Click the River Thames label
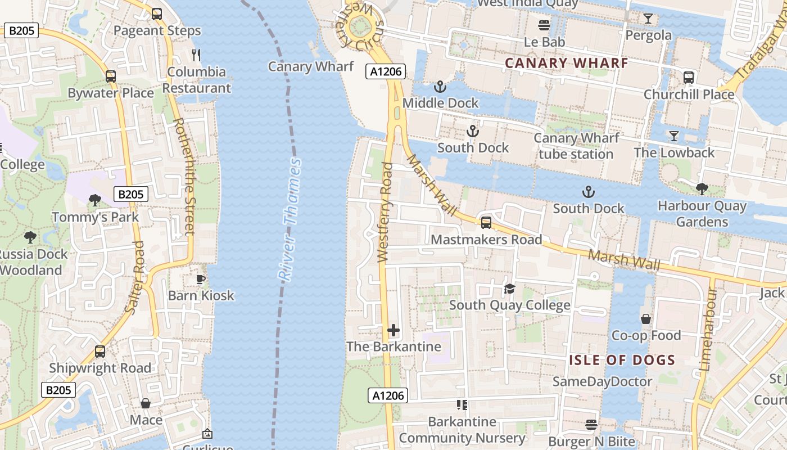click(x=291, y=220)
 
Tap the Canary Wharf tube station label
click(x=576, y=146)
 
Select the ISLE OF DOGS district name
click(x=622, y=360)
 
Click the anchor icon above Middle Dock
click(x=440, y=87)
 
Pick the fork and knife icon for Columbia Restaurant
click(x=196, y=55)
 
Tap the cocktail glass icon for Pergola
click(x=648, y=19)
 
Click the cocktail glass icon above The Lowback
click(x=673, y=136)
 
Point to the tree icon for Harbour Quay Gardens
click(x=702, y=189)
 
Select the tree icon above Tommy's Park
click(x=95, y=200)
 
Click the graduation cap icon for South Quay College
click(x=509, y=289)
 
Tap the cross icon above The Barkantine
click(x=393, y=330)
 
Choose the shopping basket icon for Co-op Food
click(x=646, y=319)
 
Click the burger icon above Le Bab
click(x=544, y=25)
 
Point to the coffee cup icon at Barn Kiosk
click(x=201, y=279)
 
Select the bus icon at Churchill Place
click(x=689, y=78)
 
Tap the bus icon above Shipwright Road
click(x=99, y=352)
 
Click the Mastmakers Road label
click(x=486, y=240)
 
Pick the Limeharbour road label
click(x=707, y=329)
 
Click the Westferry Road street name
click(x=385, y=213)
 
